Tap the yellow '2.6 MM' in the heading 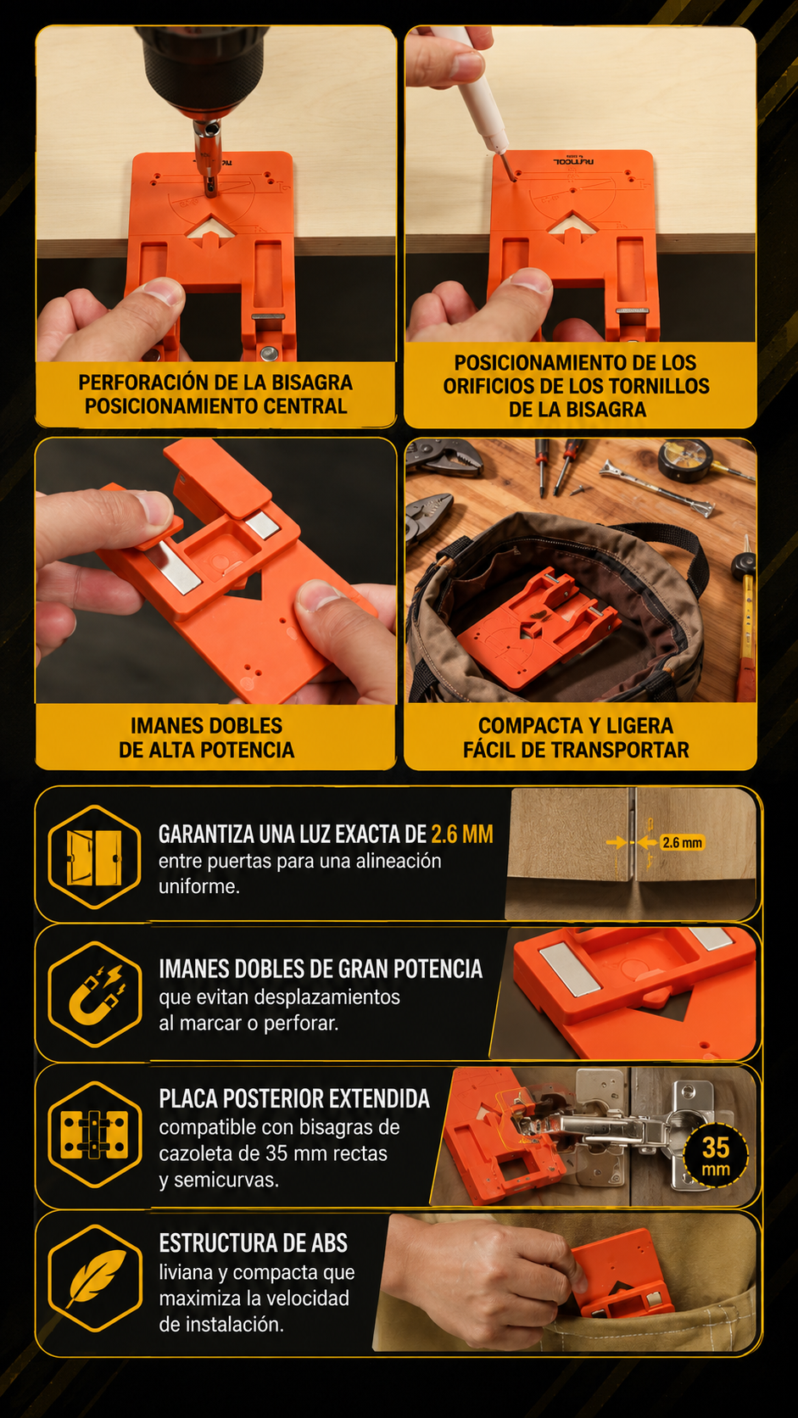(x=462, y=835)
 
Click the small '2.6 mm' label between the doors (x=682, y=842)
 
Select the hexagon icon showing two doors (x=94, y=857)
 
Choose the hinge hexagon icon (x=95, y=1135)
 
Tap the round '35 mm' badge (x=716, y=1156)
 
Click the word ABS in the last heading (x=329, y=1242)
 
